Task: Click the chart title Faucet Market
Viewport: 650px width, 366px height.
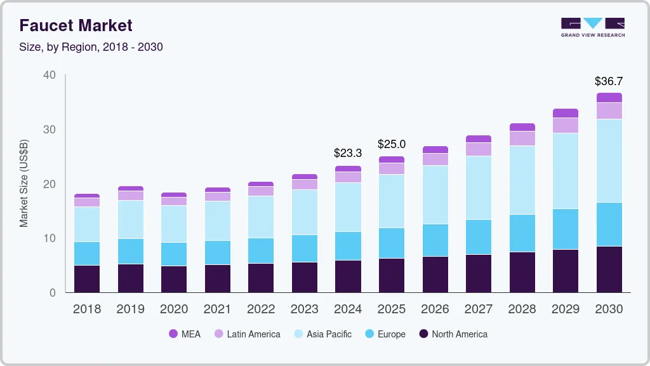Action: click(76, 25)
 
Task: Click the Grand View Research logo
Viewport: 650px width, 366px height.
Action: click(592, 27)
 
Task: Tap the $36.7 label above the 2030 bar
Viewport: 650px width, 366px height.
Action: click(609, 81)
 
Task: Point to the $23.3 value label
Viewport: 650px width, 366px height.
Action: click(348, 153)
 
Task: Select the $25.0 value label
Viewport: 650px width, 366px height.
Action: click(391, 144)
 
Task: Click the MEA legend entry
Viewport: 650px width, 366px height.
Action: click(185, 334)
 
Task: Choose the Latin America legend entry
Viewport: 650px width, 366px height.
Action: click(247, 334)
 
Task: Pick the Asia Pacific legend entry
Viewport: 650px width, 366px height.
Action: click(322, 334)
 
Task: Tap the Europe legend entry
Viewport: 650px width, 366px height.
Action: click(385, 334)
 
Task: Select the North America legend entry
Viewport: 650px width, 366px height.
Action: click(453, 334)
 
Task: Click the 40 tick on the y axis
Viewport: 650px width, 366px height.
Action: click(50, 75)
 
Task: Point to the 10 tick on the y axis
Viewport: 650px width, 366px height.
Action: click(50, 238)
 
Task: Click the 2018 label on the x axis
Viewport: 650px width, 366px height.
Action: click(86, 309)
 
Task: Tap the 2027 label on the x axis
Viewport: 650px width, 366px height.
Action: click(478, 309)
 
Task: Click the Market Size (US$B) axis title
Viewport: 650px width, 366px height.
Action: click(24, 184)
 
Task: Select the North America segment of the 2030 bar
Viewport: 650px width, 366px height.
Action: click(609, 269)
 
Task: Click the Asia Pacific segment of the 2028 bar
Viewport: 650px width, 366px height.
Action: click(522, 180)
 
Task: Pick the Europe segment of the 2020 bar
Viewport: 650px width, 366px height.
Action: click(174, 254)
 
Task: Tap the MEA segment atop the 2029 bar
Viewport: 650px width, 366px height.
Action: click(565, 113)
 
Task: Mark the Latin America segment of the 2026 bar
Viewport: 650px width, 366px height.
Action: click(435, 159)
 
